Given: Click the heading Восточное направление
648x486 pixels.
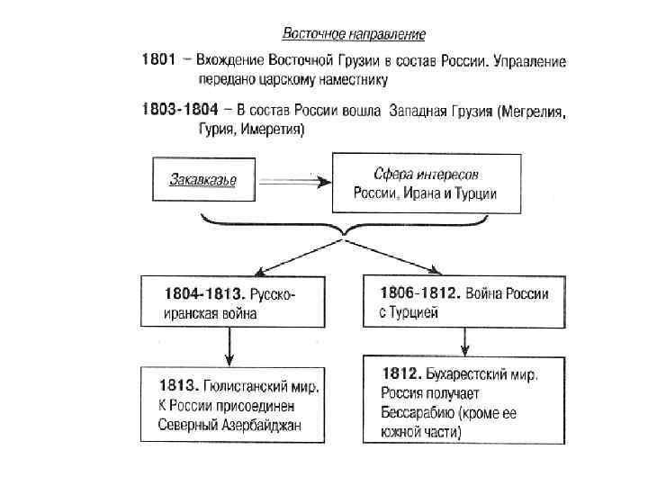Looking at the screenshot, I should pyautogui.click(x=355, y=34).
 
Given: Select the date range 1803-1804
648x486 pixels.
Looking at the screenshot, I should pyautogui.click(x=180, y=111).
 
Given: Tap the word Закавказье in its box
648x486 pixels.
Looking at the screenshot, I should pyautogui.click(x=202, y=180).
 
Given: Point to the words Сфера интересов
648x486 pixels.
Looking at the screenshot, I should pyautogui.click(x=427, y=174).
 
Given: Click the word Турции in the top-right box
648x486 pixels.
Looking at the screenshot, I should pyautogui.click(x=472, y=193).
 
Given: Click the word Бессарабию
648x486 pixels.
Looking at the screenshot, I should pyautogui.click(x=413, y=414).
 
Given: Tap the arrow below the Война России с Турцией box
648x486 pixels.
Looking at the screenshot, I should pyautogui.click(x=463, y=341).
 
